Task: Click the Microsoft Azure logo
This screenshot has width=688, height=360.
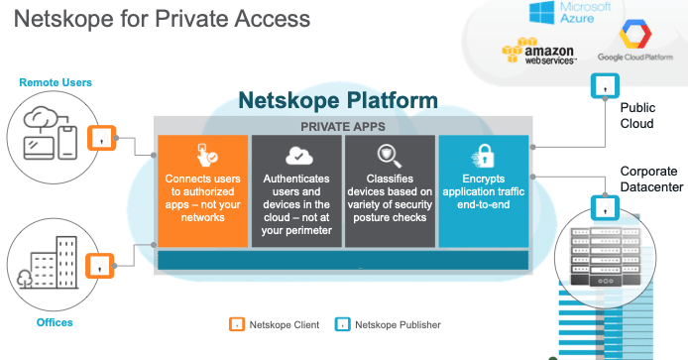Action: pyautogui.click(x=570, y=13)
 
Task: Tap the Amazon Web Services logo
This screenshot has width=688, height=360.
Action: pyautogui.click(x=539, y=51)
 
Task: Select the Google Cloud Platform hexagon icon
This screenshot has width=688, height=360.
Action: pyautogui.click(x=634, y=34)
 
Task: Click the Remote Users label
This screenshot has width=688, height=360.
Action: pyautogui.click(x=56, y=82)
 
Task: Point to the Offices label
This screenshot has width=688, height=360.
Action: pyautogui.click(x=55, y=322)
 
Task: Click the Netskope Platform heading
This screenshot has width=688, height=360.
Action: pyautogui.click(x=338, y=100)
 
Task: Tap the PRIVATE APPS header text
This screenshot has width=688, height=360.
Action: pyautogui.click(x=343, y=127)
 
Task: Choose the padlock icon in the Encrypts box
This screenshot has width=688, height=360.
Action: pyautogui.click(x=483, y=156)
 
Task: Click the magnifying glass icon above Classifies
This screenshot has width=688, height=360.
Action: pyautogui.click(x=390, y=156)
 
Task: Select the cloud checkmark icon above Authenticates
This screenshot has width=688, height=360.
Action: pyautogui.click(x=298, y=156)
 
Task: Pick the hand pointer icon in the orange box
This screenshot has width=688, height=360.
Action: pyautogui.click(x=206, y=156)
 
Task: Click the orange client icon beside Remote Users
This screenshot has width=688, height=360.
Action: pyautogui.click(x=101, y=138)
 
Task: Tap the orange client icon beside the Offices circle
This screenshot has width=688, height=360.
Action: pyautogui.click(x=99, y=266)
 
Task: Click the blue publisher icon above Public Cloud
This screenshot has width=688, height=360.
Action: pyautogui.click(x=605, y=85)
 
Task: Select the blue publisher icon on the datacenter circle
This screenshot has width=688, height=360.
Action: pyautogui.click(x=605, y=207)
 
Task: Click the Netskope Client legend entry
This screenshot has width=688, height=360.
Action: pyautogui.click(x=275, y=325)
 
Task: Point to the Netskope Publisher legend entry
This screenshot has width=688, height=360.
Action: pyautogui.click(x=388, y=325)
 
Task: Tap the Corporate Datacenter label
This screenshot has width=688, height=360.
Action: pyautogui.click(x=651, y=180)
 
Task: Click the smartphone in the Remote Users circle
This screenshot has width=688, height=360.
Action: pyautogui.click(x=67, y=143)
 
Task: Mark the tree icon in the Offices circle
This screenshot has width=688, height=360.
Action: pyautogui.click(x=25, y=279)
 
